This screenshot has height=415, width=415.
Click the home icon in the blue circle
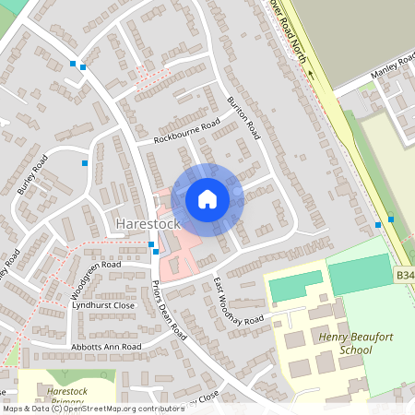pos(207,199)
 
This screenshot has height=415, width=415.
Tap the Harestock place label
pos(148,224)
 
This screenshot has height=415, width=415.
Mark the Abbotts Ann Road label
pos(106,347)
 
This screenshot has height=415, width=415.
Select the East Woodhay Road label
pos(238,300)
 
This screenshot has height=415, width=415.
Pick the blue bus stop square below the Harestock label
pos(151,244)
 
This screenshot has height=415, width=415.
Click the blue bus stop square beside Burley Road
pos(85,163)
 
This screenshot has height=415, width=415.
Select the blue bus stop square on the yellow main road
pos(391,219)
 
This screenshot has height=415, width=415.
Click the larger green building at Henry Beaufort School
pos(360,274)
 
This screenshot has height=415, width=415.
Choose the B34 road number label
pos(405,275)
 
